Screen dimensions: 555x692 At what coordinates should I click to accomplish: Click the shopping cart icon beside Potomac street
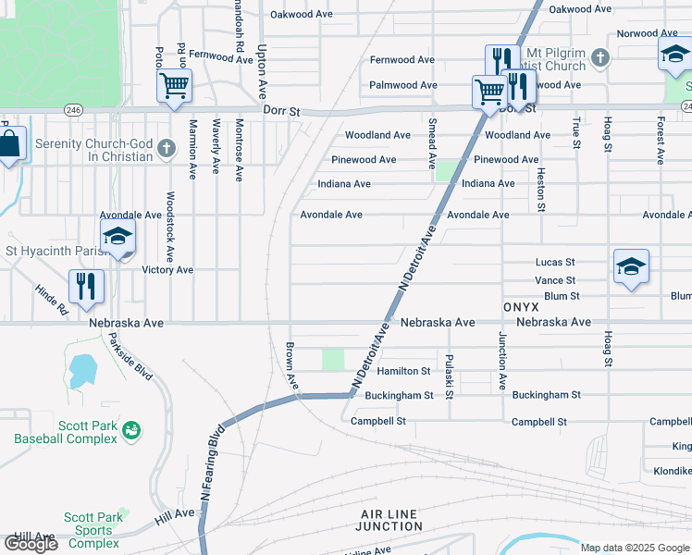[174, 87]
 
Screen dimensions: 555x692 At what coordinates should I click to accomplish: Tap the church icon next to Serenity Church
[167, 148]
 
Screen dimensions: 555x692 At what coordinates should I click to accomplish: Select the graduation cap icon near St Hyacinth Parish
[117, 238]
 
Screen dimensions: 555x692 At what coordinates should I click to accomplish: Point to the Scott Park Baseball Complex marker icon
[131, 430]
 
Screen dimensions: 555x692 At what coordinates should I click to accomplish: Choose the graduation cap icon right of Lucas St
[631, 267]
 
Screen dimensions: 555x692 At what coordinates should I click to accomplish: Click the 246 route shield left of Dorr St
[73, 110]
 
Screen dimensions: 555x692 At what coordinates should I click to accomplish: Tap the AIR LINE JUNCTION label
[389, 520]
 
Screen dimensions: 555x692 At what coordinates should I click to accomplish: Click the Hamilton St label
[403, 371]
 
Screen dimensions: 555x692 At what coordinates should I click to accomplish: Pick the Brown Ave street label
[290, 365]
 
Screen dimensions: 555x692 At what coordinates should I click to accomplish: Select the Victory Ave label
[167, 270]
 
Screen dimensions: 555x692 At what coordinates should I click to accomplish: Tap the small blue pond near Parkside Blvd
[81, 370]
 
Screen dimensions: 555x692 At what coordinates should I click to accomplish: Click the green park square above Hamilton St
[332, 359]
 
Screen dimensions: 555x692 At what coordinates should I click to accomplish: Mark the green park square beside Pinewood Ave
[447, 171]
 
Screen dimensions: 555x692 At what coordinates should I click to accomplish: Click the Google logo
[31, 544]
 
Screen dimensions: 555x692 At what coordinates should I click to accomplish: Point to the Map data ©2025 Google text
[634, 548]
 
